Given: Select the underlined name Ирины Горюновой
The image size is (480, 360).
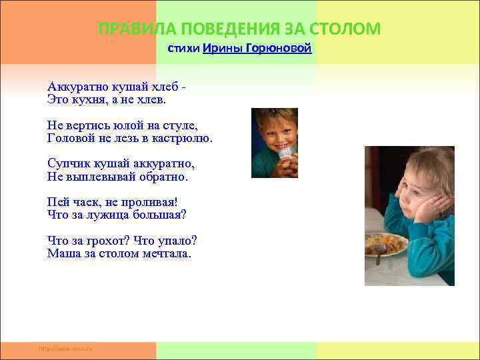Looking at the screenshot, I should (x=257, y=49).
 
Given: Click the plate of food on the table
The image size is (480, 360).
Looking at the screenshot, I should (x=385, y=244).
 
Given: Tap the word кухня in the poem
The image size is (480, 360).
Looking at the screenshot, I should (x=91, y=100).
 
